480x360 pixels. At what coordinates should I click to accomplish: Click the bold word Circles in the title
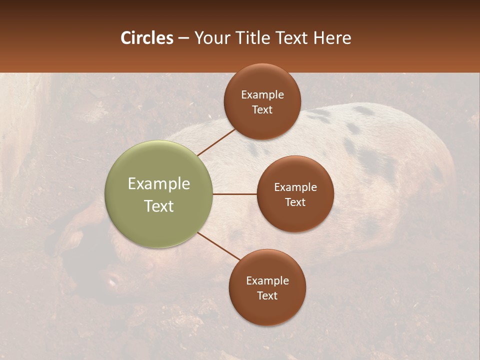point(146,38)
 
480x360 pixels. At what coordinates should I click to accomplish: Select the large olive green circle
point(159,194)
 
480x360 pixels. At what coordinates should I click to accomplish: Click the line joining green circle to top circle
point(216,142)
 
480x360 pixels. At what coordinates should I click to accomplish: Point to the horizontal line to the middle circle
point(234,194)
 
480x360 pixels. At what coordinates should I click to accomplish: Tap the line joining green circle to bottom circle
point(219,246)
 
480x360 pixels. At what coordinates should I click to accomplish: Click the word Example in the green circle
point(159,184)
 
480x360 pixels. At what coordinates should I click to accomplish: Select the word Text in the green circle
point(159,206)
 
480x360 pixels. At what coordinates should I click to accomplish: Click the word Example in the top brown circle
point(262,95)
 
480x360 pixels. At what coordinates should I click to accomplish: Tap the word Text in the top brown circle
point(262,110)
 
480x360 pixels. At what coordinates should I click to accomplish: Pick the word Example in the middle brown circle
point(295,187)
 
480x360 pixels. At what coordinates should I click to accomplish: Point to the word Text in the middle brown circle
point(295,202)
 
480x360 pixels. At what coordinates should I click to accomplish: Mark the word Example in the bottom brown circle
point(267,281)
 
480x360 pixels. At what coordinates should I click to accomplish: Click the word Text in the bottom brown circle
point(267,296)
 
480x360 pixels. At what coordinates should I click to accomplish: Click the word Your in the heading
point(211,38)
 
